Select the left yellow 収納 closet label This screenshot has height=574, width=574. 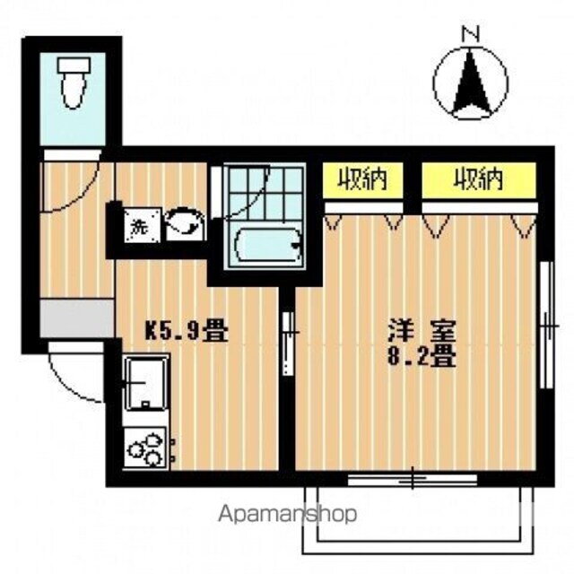point(361,181)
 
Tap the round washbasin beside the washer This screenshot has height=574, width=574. point(184,222)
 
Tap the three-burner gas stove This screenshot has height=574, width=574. point(146,447)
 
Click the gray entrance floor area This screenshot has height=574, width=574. point(76,319)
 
